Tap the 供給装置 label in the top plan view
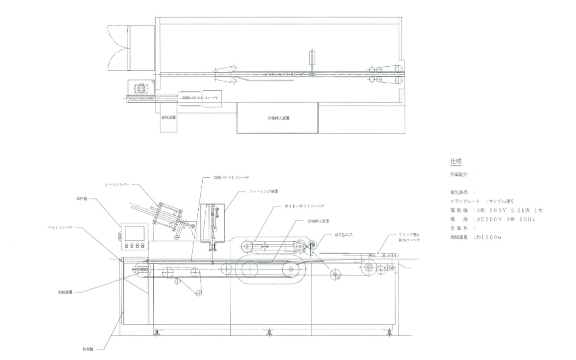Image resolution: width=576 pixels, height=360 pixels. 169,118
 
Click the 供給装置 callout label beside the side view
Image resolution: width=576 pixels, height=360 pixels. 66,292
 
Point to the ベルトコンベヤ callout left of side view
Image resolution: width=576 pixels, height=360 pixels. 59,227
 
